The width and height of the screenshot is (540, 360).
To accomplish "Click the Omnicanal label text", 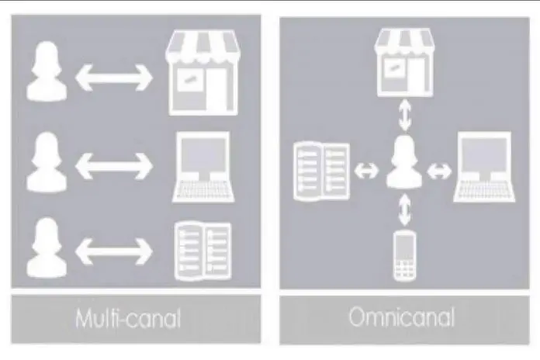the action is coord(402,317).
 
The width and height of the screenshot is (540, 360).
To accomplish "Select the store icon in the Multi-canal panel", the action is coord(202,73).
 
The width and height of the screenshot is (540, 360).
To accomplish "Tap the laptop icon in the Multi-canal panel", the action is coord(203,167).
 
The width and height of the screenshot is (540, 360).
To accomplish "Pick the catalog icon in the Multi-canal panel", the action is coord(203,251).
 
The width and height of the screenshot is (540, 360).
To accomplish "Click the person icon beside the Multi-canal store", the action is coord(47,71).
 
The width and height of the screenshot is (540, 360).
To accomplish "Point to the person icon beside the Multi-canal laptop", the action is coord(47,162).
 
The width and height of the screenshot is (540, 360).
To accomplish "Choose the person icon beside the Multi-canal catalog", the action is coord(47,247).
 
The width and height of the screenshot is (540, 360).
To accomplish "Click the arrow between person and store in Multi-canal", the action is coord(114,78).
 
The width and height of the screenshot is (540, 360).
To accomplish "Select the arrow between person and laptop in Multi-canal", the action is coord(114,166).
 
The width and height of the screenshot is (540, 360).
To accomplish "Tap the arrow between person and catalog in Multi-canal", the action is coord(114,251).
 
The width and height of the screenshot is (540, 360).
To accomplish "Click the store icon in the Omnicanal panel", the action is coord(404,63).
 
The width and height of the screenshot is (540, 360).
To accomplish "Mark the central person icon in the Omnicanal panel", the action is coord(404,161).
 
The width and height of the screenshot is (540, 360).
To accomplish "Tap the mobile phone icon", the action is coord(405,256).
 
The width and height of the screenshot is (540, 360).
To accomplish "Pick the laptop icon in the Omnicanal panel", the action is coord(484,167).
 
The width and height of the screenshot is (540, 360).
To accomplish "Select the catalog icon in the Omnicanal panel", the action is coord(322,171).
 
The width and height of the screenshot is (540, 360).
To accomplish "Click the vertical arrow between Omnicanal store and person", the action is coord(405,116).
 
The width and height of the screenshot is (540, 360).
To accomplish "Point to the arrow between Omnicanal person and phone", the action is coord(405,209).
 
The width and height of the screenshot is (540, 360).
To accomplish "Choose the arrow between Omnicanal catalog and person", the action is coord(366,171).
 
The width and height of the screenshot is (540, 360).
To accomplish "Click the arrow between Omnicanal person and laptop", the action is coord(439,171).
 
